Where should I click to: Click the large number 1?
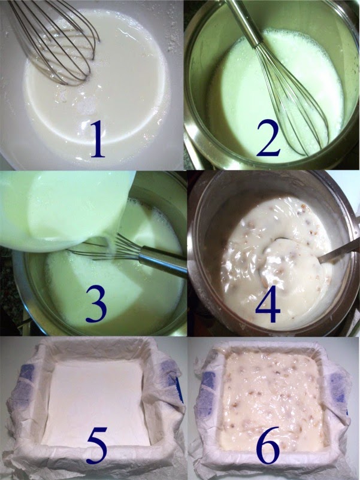click(x=98, y=139)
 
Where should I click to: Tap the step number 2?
click(x=269, y=138)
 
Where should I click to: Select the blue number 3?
click(x=96, y=303)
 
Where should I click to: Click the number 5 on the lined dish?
click(x=97, y=445)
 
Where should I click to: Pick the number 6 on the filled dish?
click(x=268, y=445)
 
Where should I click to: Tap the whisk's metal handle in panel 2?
click(x=243, y=22)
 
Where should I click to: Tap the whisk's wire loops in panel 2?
click(x=291, y=98)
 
